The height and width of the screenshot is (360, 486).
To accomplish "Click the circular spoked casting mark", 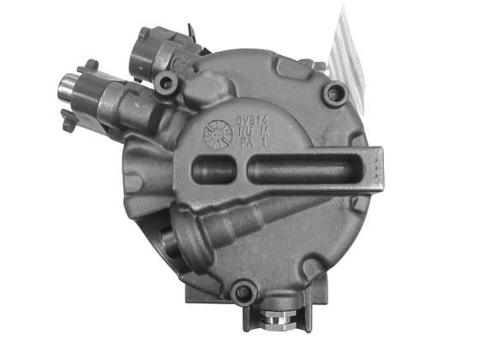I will (x=216, y=134).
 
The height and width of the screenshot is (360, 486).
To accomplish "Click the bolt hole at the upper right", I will (x=335, y=93).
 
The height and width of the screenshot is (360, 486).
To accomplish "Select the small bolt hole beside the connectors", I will (x=165, y=82).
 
